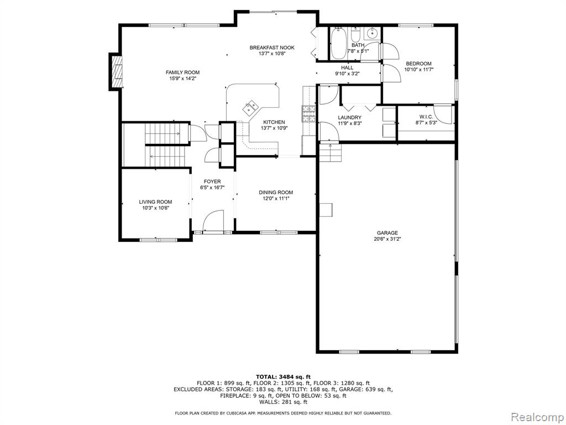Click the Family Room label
182,72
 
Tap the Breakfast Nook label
272,48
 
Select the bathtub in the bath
339,43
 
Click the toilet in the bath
355,35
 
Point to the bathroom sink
372,34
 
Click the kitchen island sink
250,107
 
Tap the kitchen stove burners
309,114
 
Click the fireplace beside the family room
116,71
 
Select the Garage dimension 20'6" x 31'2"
387,239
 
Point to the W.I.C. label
426,117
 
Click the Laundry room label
349,117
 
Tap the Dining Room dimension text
276,198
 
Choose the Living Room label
155,202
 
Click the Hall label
347,68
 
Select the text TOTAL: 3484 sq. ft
283,376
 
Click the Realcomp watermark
537,417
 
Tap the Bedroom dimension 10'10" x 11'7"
418,69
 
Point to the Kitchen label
274,122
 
